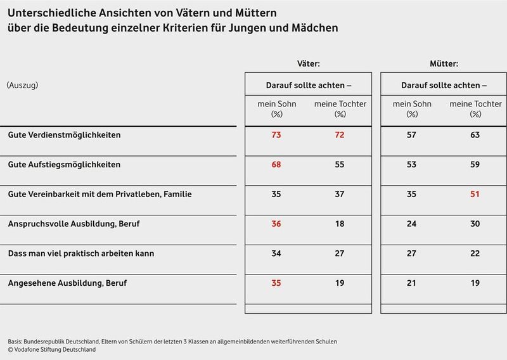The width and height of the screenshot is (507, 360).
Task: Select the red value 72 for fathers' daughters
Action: click(x=340, y=135)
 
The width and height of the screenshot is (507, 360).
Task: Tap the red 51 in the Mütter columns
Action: click(x=475, y=194)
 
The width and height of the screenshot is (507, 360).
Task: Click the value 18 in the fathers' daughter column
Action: click(x=340, y=224)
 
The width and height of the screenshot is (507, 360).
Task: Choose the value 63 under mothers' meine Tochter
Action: click(x=475, y=135)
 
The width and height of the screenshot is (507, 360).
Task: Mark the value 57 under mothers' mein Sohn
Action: click(x=412, y=135)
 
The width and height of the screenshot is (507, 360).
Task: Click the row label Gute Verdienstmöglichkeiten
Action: click(x=64, y=135)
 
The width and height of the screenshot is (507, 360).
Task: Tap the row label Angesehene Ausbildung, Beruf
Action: click(x=67, y=283)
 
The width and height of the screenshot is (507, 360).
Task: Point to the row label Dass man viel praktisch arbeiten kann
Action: click(x=80, y=254)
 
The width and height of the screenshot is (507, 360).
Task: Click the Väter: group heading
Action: click(x=308, y=63)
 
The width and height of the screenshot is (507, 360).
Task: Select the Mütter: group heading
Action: click(x=444, y=63)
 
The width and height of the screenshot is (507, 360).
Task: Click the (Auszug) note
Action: click(x=23, y=84)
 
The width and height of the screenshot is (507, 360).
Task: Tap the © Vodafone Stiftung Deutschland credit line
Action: click(x=52, y=349)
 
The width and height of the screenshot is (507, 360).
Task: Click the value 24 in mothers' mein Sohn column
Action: click(x=412, y=224)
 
